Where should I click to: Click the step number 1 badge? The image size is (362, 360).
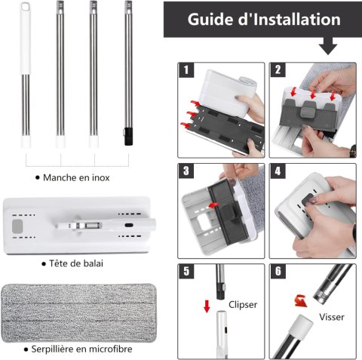click(186, 70)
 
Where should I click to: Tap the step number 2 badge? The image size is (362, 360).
click(278, 70)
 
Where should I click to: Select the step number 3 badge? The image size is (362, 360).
click(186, 171)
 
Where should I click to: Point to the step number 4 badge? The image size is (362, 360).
click(278, 171)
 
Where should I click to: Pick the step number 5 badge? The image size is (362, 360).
click(186, 272)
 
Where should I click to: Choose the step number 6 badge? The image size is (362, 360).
click(278, 272)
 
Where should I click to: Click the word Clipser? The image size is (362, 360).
click(243, 305)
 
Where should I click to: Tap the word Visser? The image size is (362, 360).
click(332, 317)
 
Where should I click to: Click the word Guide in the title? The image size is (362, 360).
click(211, 20)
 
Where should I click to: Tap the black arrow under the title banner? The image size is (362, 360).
click(328, 46)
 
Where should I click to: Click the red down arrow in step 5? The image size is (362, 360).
click(207, 306)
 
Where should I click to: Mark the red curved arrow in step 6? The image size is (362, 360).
click(301, 301)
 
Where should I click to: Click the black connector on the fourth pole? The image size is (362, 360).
click(128, 136)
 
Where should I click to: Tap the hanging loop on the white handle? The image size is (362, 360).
click(26, 7)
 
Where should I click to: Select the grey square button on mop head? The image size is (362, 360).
click(17, 226)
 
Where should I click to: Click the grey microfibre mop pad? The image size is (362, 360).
click(78, 313)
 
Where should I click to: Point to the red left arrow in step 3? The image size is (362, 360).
click(213, 205)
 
